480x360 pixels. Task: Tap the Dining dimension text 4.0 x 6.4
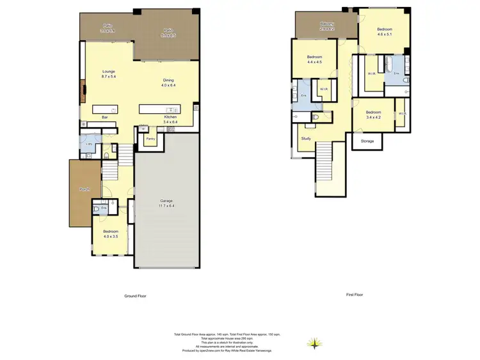(168, 84)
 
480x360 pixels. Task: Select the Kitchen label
(170, 117)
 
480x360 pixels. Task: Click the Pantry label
(150, 138)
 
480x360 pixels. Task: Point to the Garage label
(166, 201)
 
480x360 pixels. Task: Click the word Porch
(84, 190)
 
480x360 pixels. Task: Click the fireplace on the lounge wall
(82, 91)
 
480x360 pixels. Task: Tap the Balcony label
(327, 24)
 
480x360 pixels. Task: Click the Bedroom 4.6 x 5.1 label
(385, 29)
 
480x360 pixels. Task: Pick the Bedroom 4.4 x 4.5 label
(314, 58)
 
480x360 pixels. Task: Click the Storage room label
(367, 141)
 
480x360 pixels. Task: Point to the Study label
(306, 138)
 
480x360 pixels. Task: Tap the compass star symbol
(314, 344)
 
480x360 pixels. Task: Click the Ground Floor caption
(135, 296)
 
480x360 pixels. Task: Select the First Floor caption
(354, 295)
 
